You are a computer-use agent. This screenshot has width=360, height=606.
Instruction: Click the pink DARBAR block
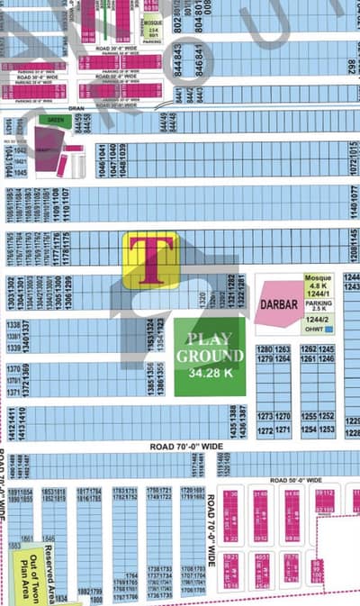278,304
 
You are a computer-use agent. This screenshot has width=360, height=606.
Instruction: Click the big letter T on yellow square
150,260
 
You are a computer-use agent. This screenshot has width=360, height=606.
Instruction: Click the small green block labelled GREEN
57,119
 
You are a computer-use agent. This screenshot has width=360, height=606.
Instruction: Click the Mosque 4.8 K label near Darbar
319,282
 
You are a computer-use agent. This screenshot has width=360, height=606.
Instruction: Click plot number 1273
265,417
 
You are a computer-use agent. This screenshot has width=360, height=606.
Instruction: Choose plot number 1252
326,417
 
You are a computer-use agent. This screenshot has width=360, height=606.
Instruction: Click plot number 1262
310,348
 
